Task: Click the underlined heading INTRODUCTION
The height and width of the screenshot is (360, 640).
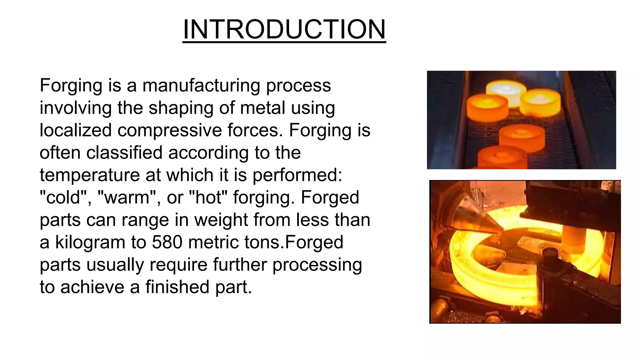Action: click(x=284, y=29)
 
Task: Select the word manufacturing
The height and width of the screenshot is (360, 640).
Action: click(x=201, y=85)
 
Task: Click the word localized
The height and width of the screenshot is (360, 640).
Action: click(x=76, y=130)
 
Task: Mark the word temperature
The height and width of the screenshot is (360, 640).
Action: click(x=90, y=175)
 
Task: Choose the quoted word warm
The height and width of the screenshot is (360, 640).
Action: click(x=127, y=197)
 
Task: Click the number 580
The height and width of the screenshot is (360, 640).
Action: click(x=167, y=242)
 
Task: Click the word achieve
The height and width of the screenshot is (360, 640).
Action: click(x=92, y=287)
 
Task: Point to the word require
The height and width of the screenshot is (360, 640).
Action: click(x=178, y=265)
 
